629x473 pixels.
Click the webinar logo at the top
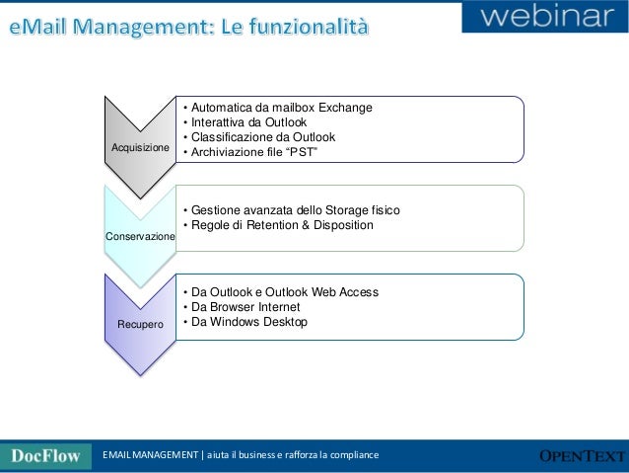click(545, 18)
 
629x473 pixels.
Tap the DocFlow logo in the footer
click(45, 455)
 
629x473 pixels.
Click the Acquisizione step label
click(140, 147)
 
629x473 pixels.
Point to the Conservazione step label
click(141, 237)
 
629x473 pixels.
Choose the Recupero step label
click(140, 324)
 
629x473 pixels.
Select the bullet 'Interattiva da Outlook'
click(243, 122)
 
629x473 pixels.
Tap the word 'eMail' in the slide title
click(42, 25)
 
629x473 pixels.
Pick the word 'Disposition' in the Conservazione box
click(338, 225)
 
